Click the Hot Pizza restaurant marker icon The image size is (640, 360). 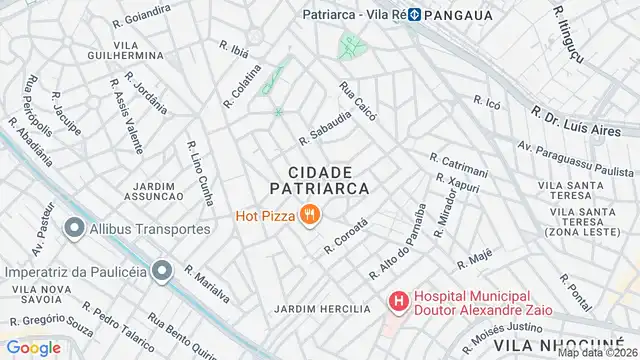[x=311, y=214]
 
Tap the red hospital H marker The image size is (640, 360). [x=398, y=300]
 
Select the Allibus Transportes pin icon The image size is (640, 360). [x=73, y=229]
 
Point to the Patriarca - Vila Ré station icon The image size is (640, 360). [x=412, y=15]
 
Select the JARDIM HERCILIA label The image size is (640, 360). [x=322, y=309]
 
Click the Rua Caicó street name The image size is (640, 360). [x=358, y=101]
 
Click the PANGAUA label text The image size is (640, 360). [x=468, y=15]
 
